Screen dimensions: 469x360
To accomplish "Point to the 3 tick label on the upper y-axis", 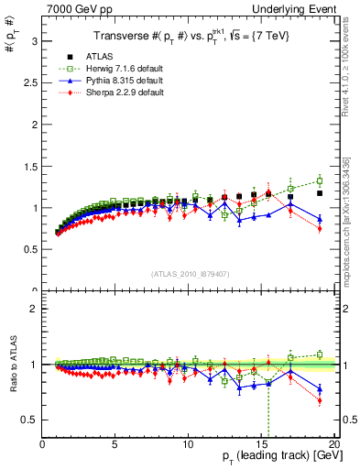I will coord(35,41).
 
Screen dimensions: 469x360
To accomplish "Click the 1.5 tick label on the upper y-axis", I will coord(30,166).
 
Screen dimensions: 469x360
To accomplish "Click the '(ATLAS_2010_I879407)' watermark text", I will coord(189,272).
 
